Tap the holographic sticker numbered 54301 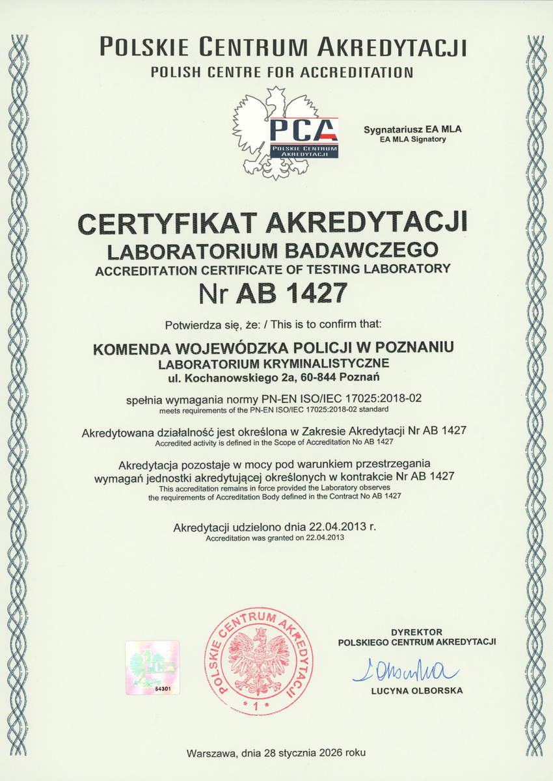tap(152, 668)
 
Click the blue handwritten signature tap(405, 670)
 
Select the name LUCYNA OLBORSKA tap(417, 691)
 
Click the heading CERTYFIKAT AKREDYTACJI tap(273, 223)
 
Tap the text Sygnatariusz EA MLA tap(412, 130)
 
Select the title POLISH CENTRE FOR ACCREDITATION tap(282, 72)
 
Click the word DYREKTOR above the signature tap(417, 631)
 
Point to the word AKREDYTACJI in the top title tap(393, 48)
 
